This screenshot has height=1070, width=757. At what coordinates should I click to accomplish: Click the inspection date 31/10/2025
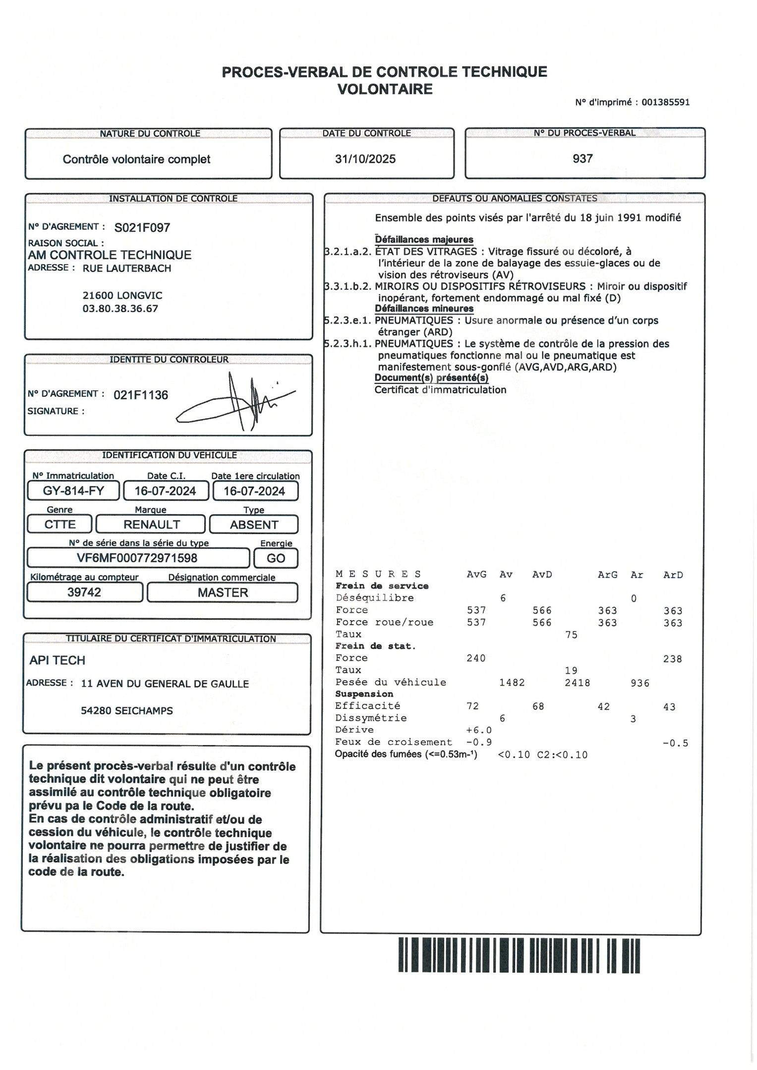coord(365,159)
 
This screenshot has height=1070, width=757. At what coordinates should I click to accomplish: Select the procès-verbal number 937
coord(582,159)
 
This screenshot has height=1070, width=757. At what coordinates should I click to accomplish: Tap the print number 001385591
coord(665,103)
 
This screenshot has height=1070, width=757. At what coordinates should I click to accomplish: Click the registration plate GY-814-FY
coord(73,491)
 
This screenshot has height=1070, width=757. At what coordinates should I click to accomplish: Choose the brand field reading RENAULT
coord(151,525)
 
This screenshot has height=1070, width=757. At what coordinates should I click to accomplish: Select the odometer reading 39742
coord(84,592)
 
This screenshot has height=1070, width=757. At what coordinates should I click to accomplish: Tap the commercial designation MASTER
coord(223,593)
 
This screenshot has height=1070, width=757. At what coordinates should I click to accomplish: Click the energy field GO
coord(276,558)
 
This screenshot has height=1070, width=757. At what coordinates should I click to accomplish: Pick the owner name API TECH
coord(58,660)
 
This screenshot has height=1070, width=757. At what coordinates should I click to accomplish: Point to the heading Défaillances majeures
coord(424,240)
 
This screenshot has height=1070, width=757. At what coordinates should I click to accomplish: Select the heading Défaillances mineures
coord(424,309)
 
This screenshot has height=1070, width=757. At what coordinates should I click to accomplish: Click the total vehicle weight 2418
coord(578,683)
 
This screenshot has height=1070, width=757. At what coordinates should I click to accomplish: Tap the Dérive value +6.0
coord(479,730)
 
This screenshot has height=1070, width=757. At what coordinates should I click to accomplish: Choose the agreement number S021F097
coord(142,228)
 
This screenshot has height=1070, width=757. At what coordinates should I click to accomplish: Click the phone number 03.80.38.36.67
coord(120,309)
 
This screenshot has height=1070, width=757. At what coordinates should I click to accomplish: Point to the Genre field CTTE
coord(60,525)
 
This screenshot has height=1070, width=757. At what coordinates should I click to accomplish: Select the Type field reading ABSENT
coord(254,525)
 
